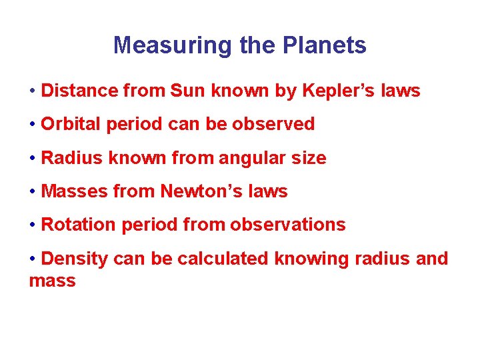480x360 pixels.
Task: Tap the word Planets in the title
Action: pyautogui.click(x=325, y=45)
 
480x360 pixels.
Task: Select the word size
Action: pyautogui.click(x=309, y=158)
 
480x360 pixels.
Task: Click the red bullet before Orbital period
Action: pyautogui.click(x=33, y=124)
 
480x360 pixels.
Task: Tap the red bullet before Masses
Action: pyautogui.click(x=33, y=191)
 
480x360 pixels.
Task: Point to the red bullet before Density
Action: pyautogui.click(x=33, y=259)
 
